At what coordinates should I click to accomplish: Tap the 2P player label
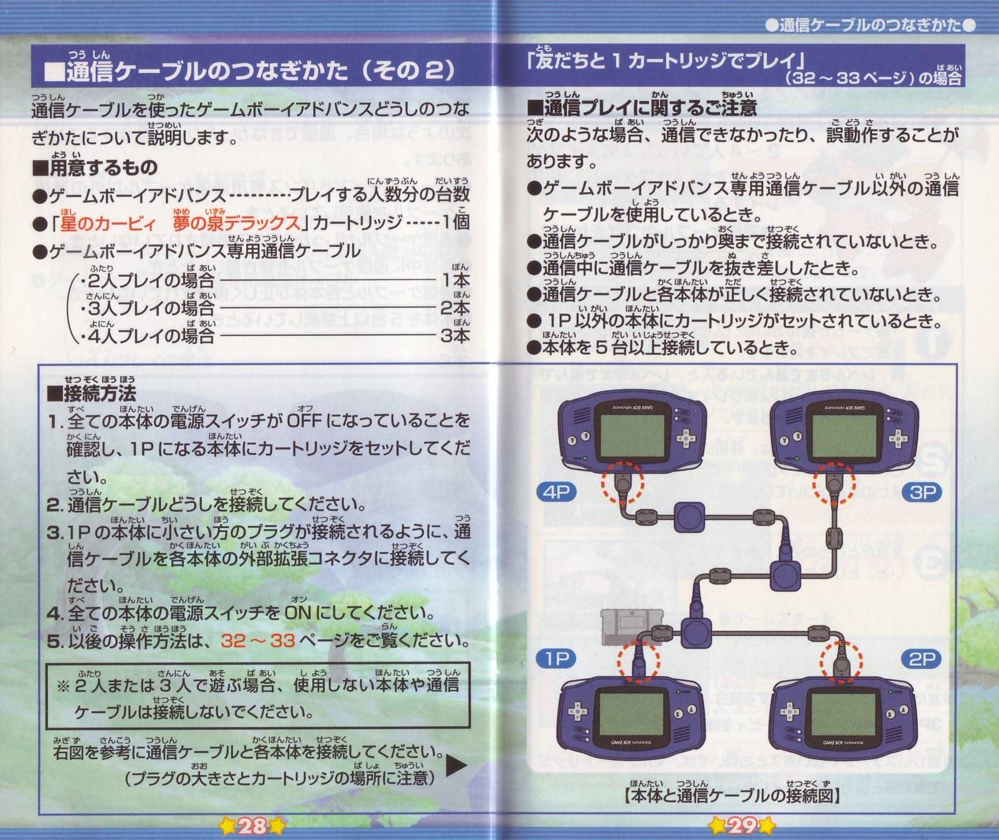click(x=922, y=659)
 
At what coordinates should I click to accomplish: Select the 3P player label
click(x=922, y=492)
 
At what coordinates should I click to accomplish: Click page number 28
click(x=252, y=825)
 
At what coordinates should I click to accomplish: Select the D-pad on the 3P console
click(x=896, y=437)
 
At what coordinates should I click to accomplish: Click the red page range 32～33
click(x=258, y=640)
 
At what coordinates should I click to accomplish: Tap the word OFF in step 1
click(x=304, y=420)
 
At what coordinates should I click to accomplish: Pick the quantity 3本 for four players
click(x=455, y=335)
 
